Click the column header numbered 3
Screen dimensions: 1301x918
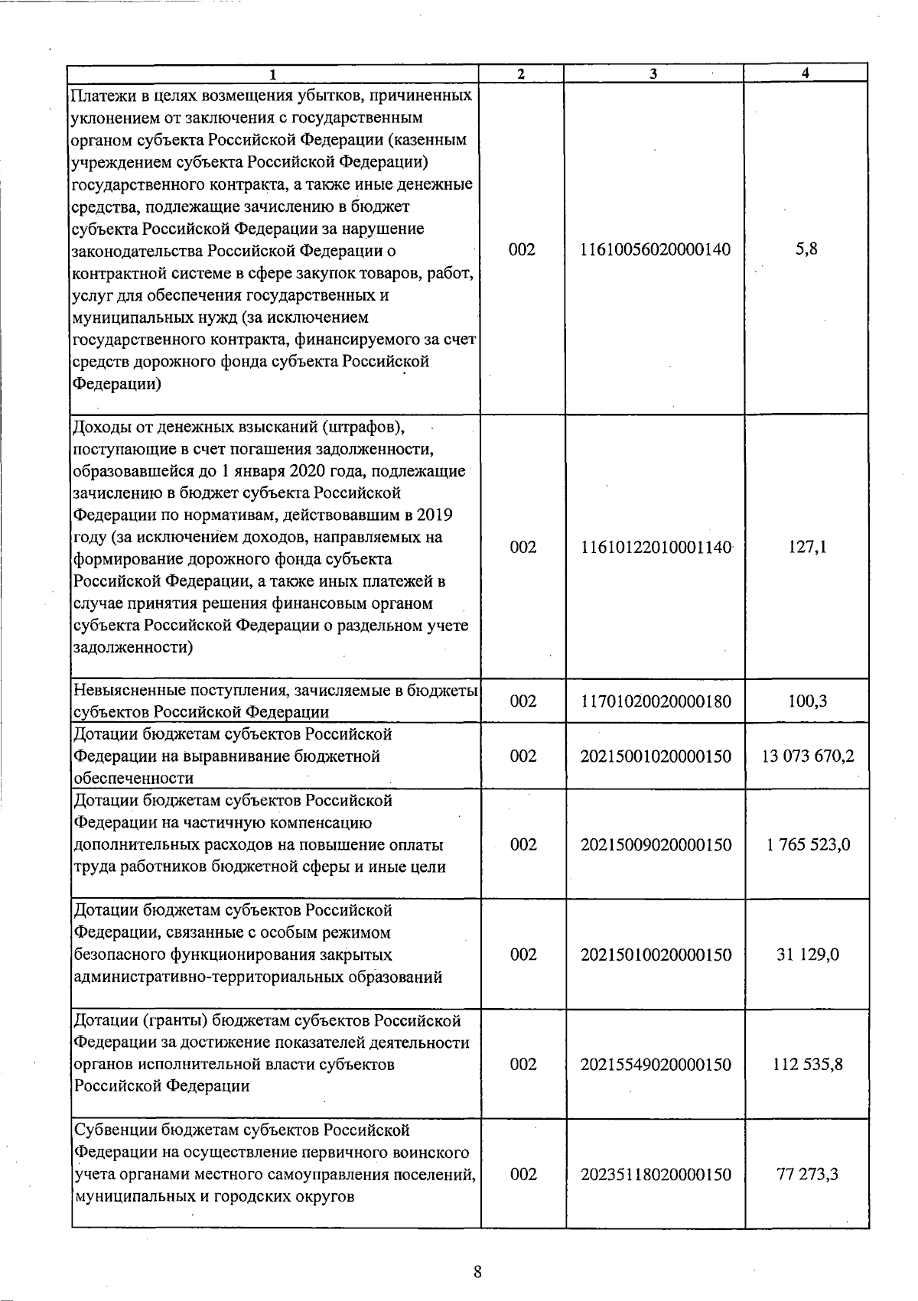(653, 73)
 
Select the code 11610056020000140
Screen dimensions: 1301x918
(656, 249)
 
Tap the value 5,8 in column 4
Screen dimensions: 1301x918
(806, 249)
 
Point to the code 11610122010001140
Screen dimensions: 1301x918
(656, 547)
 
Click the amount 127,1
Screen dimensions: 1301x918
(807, 547)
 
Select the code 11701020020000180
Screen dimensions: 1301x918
(656, 701)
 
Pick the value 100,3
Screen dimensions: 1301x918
(807, 701)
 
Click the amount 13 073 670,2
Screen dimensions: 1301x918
(808, 756)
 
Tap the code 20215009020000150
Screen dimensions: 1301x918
(656, 845)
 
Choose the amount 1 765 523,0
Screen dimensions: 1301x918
(808, 845)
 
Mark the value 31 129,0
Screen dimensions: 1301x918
(808, 955)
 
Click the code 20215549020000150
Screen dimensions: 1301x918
(656, 1065)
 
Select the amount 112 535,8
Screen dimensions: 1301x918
(808, 1065)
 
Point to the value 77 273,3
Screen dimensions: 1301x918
(808, 1174)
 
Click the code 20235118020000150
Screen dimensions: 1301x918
(656, 1174)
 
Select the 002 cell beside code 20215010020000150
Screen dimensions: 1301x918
(523, 955)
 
